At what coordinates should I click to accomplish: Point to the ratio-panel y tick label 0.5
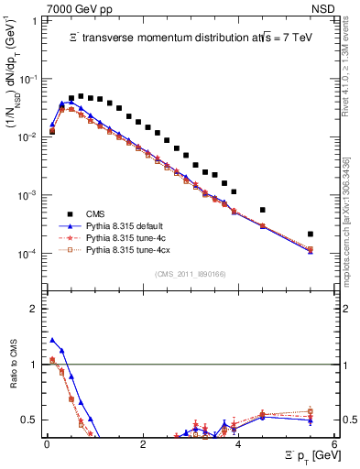(29, 420)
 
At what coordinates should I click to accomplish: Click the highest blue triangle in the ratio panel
(52, 340)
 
